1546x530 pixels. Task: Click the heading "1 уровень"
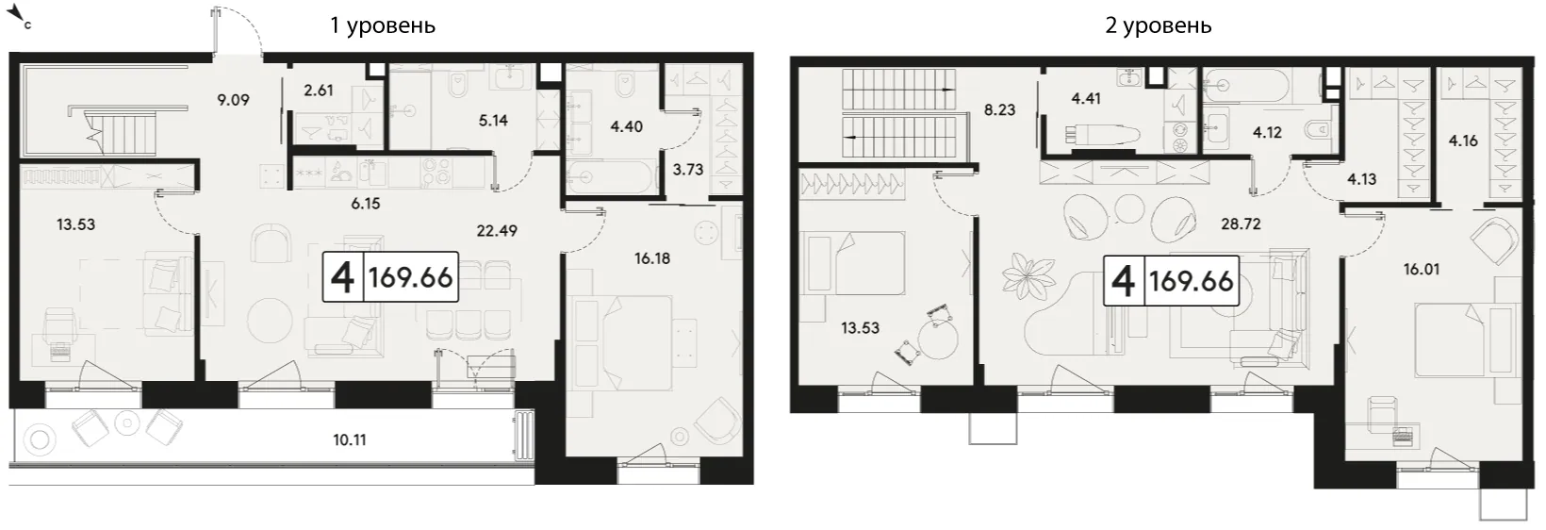(383, 25)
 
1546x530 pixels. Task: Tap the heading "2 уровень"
(1159, 25)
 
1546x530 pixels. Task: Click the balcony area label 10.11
(349, 439)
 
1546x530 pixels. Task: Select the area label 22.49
(497, 230)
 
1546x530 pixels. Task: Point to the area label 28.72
(1241, 224)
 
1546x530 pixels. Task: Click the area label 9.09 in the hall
(233, 100)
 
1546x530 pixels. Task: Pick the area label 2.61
(319, 90)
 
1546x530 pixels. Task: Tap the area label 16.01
(1421, 269)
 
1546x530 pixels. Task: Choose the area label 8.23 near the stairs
(999, 109)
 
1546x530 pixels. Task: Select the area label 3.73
(688, 170)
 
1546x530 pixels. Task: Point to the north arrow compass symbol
(22, 12)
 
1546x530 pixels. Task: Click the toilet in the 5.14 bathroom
(457, 85)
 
